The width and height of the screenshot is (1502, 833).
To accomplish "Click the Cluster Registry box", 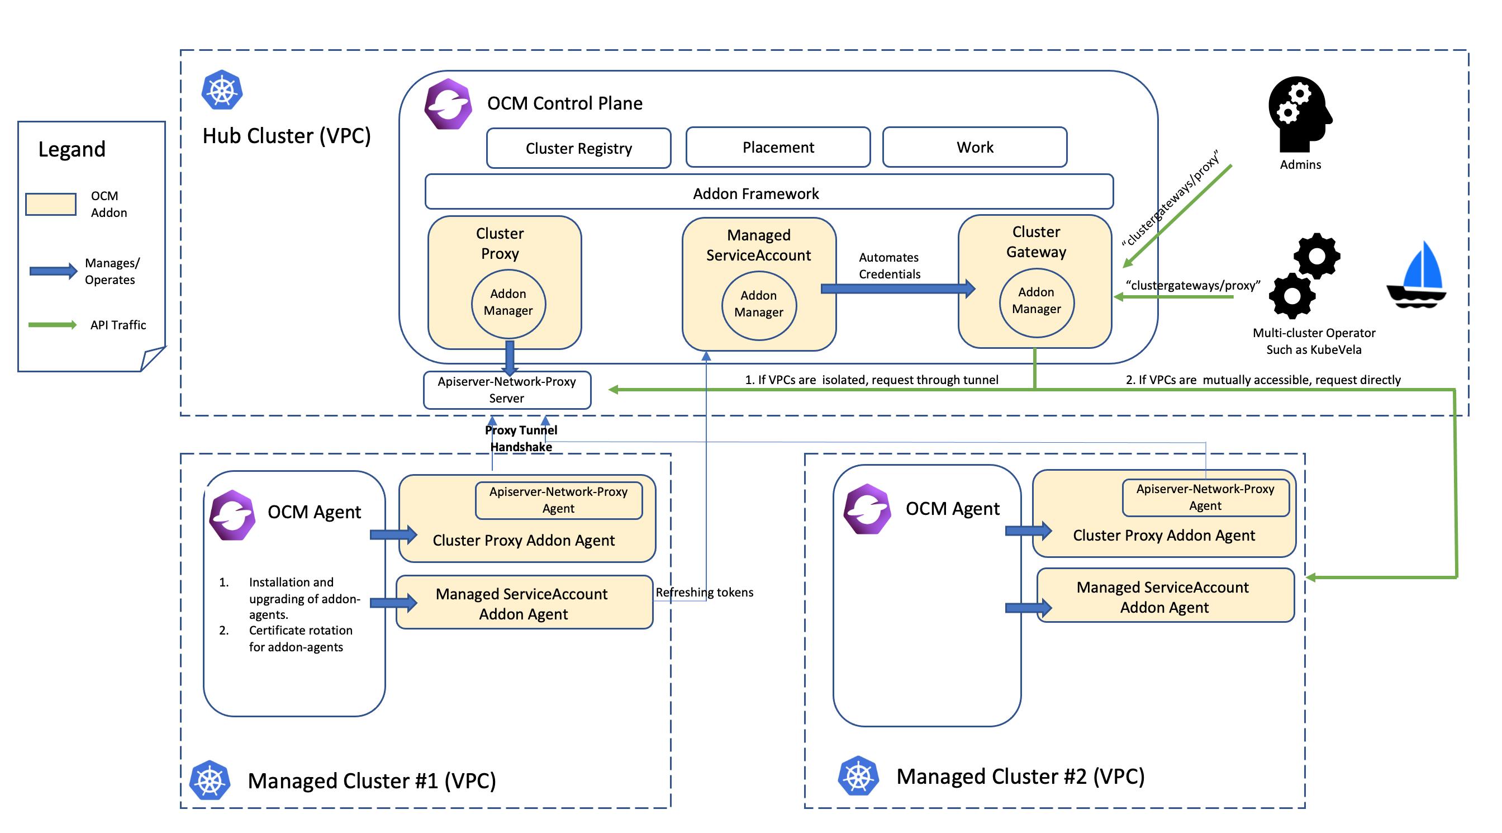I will pyautogui.click(x=578, y=148).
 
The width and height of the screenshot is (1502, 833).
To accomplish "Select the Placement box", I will pyautogui.click(x=778, y=147).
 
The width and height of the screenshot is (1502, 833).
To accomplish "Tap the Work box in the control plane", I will pyautogui.click(x=975, y=147).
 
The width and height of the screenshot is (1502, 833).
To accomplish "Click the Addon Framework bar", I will pyautogui.click(x=768, y=192).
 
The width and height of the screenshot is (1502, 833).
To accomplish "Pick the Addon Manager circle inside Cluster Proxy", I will pyautogui.click(x=508, y=303).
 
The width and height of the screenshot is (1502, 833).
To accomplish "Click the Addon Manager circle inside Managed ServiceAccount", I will pyautogui.click(x=759, y=305).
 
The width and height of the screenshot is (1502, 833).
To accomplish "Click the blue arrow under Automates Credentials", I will pyautogui.click(x=898, y=288).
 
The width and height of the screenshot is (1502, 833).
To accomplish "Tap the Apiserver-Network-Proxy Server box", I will pyautogui.click(x=507, y=390).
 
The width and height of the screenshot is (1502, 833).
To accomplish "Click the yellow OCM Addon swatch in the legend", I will pyautogui.click(x=51, y=204).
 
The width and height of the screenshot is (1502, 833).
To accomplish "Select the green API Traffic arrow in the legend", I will pyautogui.click(x=53, y=325).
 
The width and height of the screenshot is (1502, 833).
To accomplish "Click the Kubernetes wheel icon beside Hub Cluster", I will pyautogui.click(x=222, y=91).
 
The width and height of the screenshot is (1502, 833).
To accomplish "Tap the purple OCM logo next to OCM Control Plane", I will pyautogui.click(x=448, y=105).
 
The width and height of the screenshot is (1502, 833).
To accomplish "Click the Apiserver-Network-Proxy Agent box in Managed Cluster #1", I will pyautogui.click(x=558, y=500).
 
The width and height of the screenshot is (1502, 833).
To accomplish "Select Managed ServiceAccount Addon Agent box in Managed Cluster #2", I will pyautogui.click(x=1164, y=596).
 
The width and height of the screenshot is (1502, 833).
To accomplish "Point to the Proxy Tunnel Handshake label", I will pyautogui.click(x=521, y=438).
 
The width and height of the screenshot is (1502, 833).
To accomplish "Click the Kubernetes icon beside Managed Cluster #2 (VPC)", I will pyautogui.click(x=858, y=776).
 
